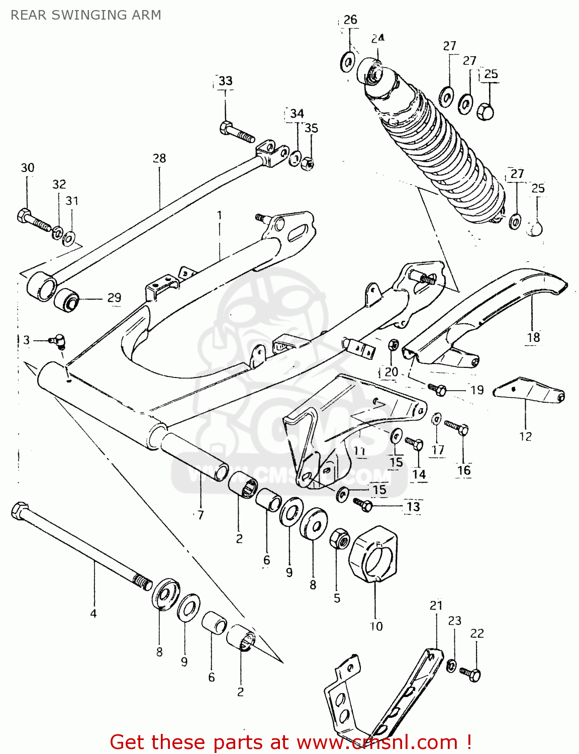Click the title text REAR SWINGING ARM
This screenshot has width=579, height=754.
point(86,15)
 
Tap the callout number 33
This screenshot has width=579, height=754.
point(225,81)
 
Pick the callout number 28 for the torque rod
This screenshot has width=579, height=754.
point(159,158)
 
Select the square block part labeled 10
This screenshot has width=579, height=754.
point(376,555)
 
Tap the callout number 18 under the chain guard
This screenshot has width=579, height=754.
point(533,337)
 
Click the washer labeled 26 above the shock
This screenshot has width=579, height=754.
point(347,62)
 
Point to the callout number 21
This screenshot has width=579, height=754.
point(436,606)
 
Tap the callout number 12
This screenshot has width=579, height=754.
point(525,436)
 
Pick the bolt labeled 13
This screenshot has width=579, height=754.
point(362,504)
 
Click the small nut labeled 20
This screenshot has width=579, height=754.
point(394,345)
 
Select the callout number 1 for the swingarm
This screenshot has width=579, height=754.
point(219,215)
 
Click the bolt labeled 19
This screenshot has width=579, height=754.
point(437,389)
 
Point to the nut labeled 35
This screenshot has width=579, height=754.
point(308,163)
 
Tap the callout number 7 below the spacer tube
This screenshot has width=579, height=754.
point(201,515)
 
